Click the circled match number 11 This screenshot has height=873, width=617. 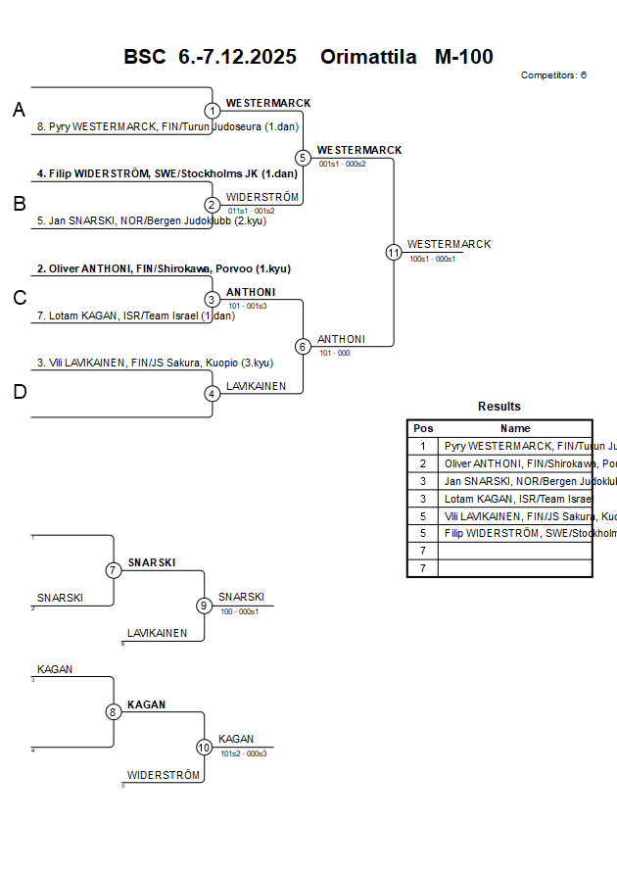tap(394, 253)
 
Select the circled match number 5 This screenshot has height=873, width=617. tap(303, 158)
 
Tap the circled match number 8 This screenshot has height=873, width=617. tap(114, 712)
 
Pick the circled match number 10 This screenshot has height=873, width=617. tap(204, 748)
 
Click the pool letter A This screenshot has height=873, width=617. tap(19, 111)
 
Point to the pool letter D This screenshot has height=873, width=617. tap(19, 393)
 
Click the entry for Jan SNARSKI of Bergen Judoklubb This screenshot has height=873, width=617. tap(151, 220)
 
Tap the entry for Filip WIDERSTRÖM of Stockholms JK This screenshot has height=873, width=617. tap(166, 173)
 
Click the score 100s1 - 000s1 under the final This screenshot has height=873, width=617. tap(432, 259)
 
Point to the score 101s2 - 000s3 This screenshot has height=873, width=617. tap(244, 753)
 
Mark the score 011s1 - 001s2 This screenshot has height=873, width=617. tap(251, 211)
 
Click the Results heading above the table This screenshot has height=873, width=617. tap(499, 407)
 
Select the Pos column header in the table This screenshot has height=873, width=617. tap(423, 428)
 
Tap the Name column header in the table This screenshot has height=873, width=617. tap(515, 428)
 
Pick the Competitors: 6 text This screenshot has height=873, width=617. tap(553, 75)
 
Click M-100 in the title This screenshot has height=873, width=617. tap(463, 57)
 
